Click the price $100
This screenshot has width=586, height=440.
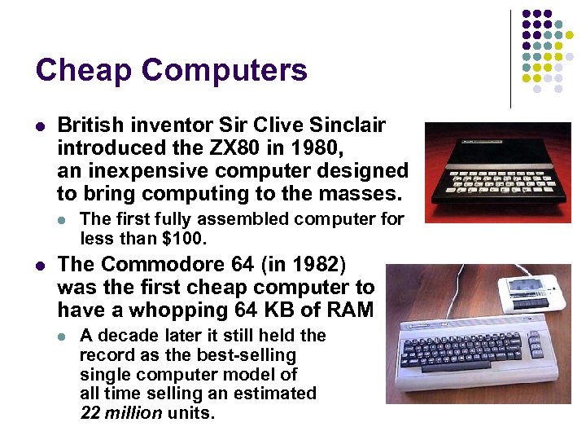coord(186,238)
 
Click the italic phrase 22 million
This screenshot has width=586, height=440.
coord(121,412)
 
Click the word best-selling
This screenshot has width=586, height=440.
coord(246,354)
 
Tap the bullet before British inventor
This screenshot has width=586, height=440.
coord(40,126)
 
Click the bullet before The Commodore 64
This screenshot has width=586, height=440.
coord(40,265)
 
